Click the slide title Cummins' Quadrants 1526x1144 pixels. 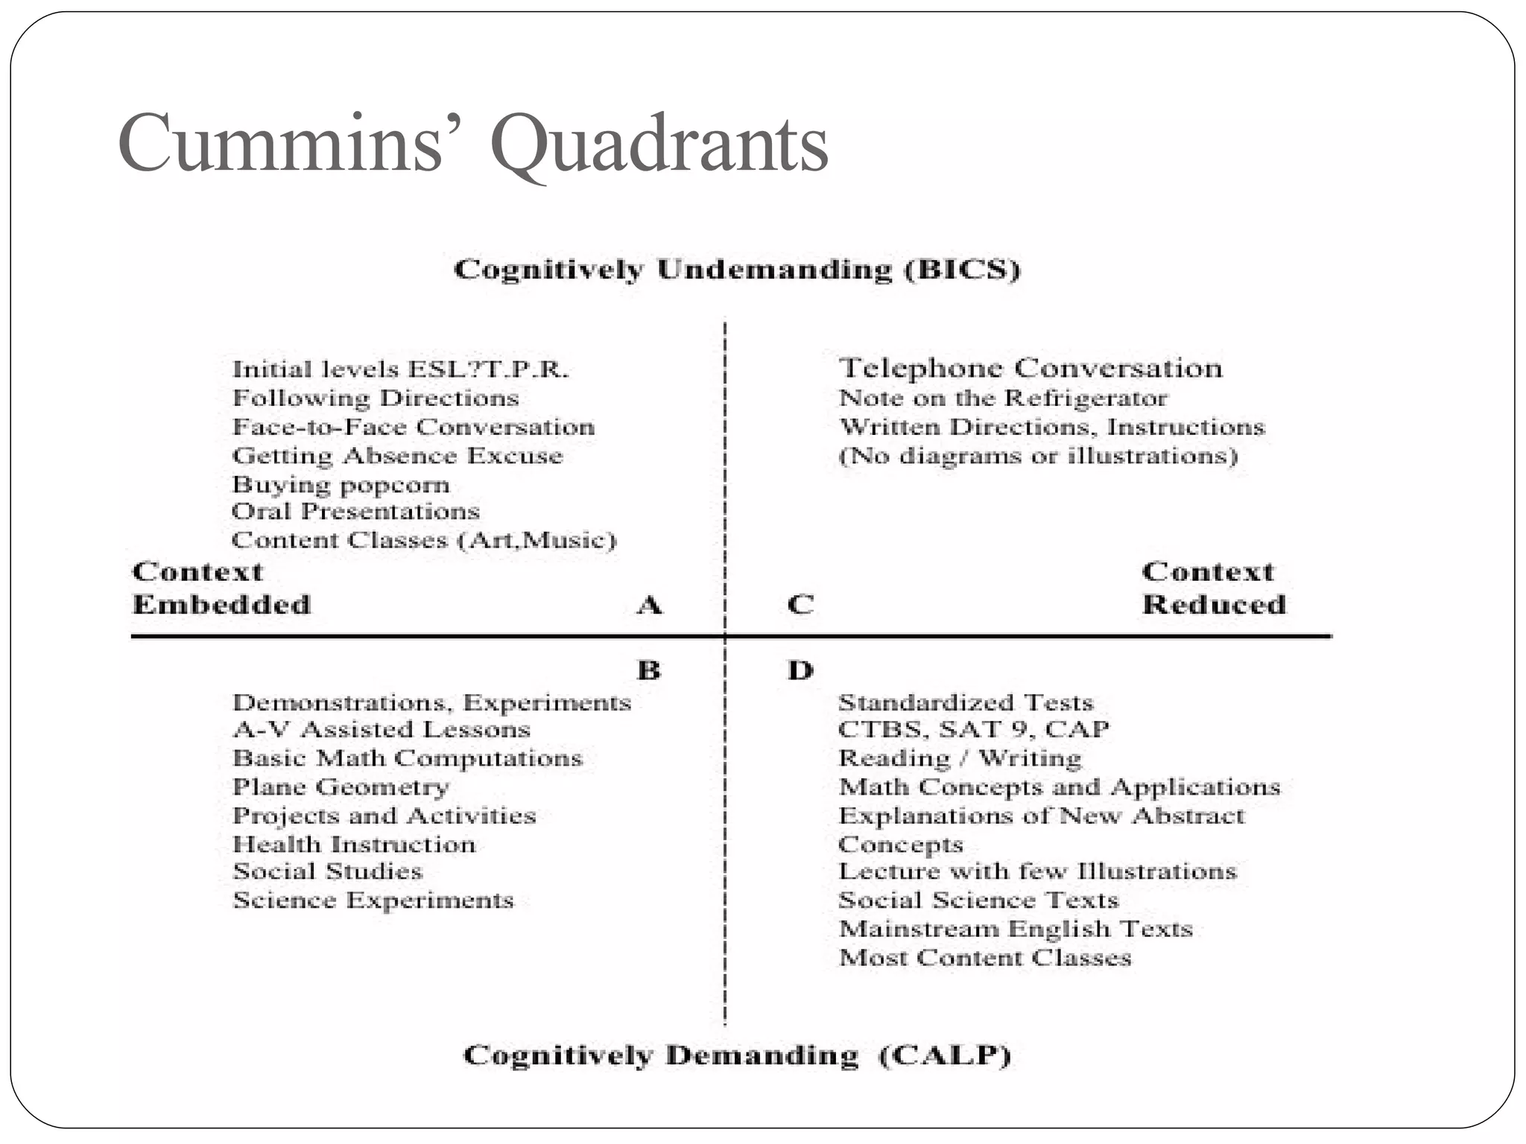tap(472, 143)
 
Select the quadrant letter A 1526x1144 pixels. tap(649, 605)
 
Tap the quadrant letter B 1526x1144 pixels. tap(649, 670)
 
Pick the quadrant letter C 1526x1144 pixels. tap(800, 605)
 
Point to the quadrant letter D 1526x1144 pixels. tap(800, 670)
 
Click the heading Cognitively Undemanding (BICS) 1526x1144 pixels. tap(737, 270)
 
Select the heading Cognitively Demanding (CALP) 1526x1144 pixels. tap(737, 1055)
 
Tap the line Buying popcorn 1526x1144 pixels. tap(341, 485)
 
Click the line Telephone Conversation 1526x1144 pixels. tap(1030, 368)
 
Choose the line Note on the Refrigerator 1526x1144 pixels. tap(1003, 398)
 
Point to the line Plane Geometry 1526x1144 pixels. tap(341, 786)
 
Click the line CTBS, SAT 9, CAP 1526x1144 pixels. tap(973, 728)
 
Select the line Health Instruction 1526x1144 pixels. tap(354, 844)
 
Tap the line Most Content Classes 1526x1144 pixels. tap(985, 957)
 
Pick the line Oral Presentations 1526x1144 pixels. tap(355, 512)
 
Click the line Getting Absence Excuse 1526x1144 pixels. tap(397, 455)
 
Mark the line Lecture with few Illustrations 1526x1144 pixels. tap(1037, 871)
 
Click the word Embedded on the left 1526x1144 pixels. tap(221, 604)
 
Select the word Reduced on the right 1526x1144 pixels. tap(1214, 604)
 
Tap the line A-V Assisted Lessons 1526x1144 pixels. tap(381, 729)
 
